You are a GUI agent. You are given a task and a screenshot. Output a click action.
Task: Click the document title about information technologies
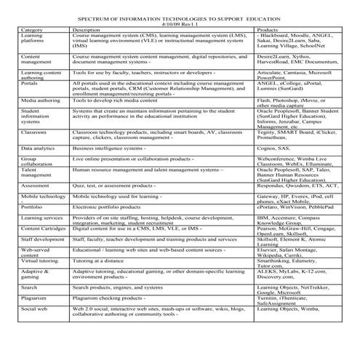click(179, 17)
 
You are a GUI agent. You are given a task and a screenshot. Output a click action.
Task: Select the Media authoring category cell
click(41, 100)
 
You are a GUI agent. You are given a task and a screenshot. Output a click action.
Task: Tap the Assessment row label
click(37, 185)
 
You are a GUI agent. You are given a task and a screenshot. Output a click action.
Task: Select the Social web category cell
click(36, 309)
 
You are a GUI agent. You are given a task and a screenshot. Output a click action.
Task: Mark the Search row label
click(30, 287)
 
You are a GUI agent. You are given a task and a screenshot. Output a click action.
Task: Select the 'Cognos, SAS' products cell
click(274, 148)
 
